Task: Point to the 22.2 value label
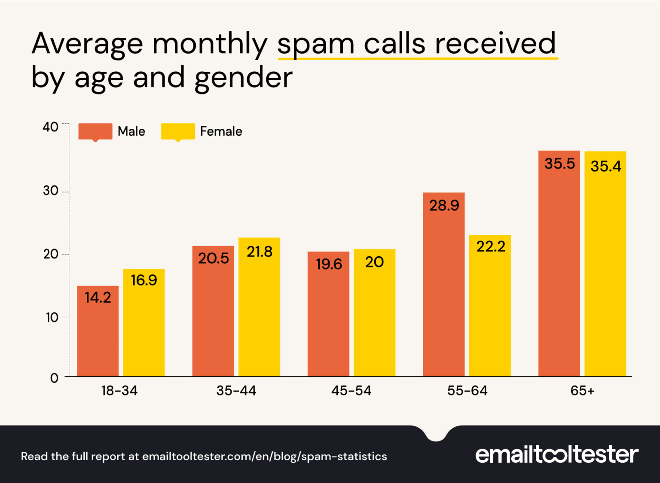[490, 246]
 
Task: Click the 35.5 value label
[559, 164]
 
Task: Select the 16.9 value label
[144, 280]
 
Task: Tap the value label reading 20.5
[213, 258]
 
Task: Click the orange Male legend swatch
[95, 131]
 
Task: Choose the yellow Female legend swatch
[177, 131]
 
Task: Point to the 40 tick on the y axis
[50, 127]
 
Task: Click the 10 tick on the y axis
[52, 318]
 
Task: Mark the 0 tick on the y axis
[54, 378]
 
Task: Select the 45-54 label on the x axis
[351, 391]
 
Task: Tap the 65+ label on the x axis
[582, 391]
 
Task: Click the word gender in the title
[243, 78]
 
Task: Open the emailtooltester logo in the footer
[556, 455]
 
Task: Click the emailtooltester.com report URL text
[264, 456]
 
